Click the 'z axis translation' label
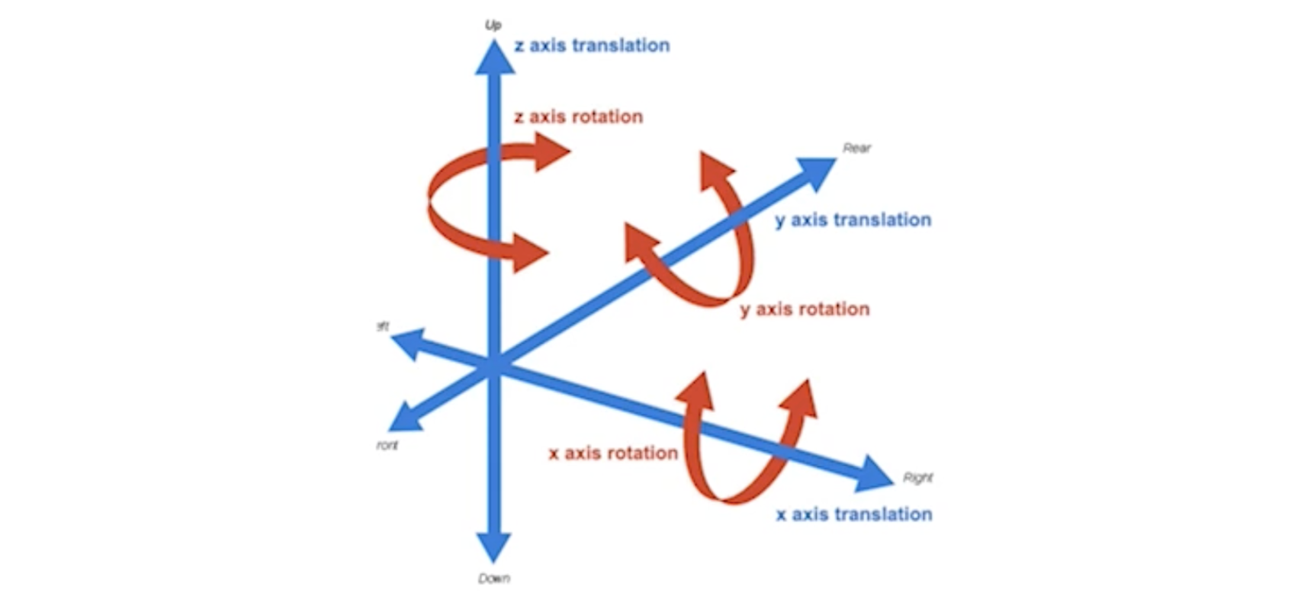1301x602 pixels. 592,46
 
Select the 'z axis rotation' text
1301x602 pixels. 578,117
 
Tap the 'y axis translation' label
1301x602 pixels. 853,220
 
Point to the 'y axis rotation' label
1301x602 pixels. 805,309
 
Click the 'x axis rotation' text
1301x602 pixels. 613,453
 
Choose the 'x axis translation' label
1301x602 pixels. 854,514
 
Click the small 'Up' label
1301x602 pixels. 493,25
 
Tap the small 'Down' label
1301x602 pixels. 494,578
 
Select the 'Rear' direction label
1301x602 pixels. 856,148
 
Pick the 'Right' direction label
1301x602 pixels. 917,478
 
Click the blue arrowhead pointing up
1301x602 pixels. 495,59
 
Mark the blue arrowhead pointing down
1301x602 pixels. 494,546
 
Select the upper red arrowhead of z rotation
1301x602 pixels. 551,151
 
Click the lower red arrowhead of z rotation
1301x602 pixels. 529,252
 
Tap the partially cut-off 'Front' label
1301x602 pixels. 387,445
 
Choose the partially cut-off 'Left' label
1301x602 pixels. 383,327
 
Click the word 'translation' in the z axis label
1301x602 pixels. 621,46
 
